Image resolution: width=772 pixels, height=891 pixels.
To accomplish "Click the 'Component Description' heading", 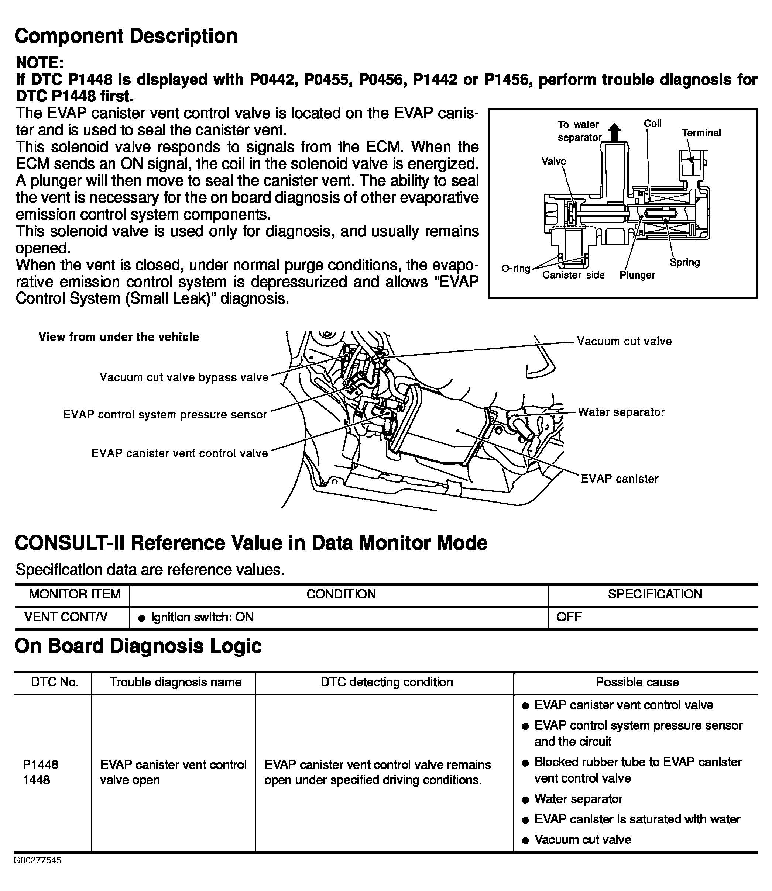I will pos(126,36).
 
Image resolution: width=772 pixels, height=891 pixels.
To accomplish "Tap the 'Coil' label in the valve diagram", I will pos(652,124).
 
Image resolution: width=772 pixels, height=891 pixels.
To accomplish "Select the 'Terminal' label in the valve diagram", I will pos(701,133).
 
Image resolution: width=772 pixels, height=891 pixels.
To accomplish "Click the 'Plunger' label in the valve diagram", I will pos(637,275).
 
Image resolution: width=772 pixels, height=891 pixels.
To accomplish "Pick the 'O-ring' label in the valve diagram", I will pos(516,269).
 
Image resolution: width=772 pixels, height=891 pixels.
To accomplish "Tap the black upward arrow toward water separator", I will pos(615,131).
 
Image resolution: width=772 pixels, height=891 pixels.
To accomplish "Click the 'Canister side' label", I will pos(573,275).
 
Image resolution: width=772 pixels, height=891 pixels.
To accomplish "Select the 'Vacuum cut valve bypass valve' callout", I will pos(184,377).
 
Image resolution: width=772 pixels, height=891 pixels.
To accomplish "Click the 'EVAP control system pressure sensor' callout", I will pos(165,415).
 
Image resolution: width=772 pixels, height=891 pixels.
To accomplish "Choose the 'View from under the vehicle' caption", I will pos(119,337).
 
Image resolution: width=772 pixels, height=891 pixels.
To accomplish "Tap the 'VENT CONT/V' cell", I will pos(66,617).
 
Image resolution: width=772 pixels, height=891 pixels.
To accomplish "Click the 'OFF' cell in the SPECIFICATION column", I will pos(569,617).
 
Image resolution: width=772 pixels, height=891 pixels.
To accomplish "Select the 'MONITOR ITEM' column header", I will pos(75,594).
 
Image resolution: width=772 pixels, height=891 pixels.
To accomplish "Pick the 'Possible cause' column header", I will pos(637,682).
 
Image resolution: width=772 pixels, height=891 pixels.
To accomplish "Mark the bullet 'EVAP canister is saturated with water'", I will pos(637,819).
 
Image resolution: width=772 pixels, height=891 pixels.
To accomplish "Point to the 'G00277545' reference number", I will pos(38,860).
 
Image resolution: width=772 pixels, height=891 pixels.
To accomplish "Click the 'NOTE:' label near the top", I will pos(40,63).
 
